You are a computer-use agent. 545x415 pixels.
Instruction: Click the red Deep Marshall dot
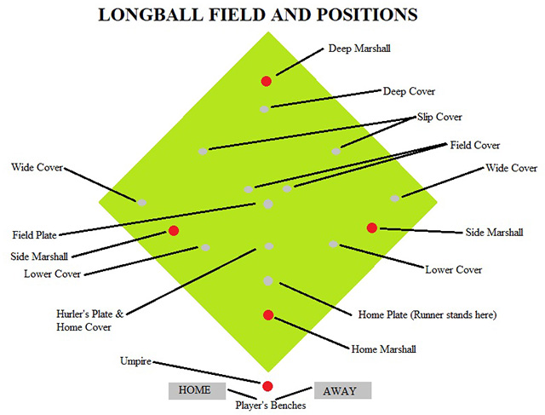[x=266, y=81]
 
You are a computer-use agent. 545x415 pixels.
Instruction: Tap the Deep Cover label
[x=409, y=91]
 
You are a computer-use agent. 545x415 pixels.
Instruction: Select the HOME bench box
[x=195, y=390]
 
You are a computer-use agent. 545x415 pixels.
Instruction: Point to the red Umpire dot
[x=267, y=385]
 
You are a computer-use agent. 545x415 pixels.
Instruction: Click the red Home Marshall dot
[x=268, y=315]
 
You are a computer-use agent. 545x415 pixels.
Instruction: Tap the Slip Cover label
[x=439, y=117]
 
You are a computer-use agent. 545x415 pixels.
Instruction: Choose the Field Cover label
[x=474, y=145]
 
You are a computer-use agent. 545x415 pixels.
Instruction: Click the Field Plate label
[x=34, y=234]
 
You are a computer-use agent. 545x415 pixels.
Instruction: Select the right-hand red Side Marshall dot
[x=371, y=227]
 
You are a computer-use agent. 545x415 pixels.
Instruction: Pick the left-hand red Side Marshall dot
[x=174, y=231]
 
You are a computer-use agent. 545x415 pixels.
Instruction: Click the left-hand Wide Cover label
[x=37, y=167]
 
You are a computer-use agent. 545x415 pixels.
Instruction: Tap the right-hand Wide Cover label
[x=511, y=168]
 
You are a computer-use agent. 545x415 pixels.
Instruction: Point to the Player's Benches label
[x=271, y=406]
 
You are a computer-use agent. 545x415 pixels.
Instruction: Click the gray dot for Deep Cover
[x=265, y=108]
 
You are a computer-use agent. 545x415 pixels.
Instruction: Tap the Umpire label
[x=135, y=361]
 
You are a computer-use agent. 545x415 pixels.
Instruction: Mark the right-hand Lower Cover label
[x=454, y=269]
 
